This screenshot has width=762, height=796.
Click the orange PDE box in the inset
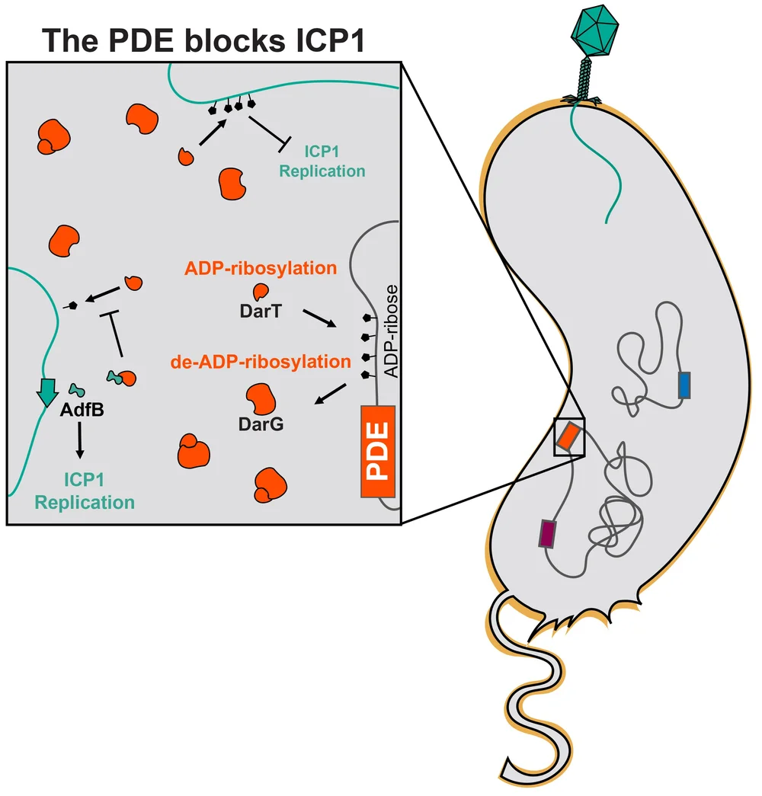coord(378,451)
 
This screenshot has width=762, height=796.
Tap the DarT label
coord(261,311)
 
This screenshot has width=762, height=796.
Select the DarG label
coord(261,424)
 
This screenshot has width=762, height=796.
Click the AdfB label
coord(82,410)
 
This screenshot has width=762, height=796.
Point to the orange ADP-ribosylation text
coord(261,268)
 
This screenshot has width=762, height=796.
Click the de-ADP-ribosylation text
coord(261,362)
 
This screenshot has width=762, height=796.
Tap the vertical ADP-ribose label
coord(391,331)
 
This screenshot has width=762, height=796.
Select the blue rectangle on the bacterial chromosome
coord(684,385)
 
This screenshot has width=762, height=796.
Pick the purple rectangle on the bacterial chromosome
coord(548,534)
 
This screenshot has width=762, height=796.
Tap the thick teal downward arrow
coord(47,392)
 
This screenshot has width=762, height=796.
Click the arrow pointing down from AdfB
coord(80,440)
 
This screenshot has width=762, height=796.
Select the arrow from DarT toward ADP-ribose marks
coord(319,318)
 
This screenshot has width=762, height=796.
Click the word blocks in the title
coord(235,40)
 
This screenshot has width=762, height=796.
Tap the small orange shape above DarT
coord(261,292)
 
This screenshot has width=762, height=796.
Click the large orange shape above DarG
coord(261,398)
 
